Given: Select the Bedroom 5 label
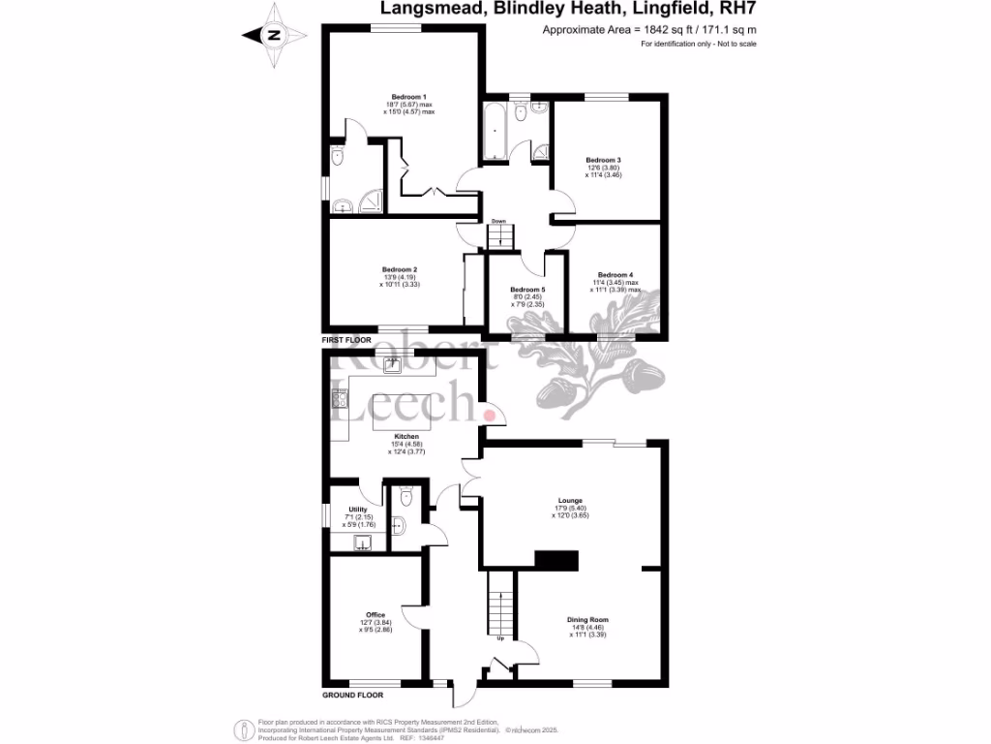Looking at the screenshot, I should (x=527, y=290).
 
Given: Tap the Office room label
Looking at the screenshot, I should (x=375, y=615).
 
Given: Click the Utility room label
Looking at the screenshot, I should (x=357, y=509).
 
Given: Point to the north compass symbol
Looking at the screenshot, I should (x=274, y=35).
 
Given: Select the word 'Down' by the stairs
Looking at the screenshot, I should (x=498, y=222).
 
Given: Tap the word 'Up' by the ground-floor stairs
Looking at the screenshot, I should (x=499, y=638).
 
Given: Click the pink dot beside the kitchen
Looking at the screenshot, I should (x=490, y=416).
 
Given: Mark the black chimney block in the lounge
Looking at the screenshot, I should (x=556, y=559).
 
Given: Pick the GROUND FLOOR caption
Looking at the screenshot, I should (x=352, y=695).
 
